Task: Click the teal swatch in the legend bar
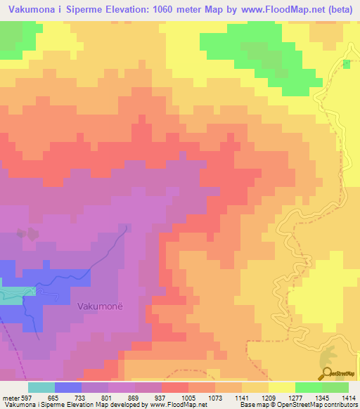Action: [41, 387]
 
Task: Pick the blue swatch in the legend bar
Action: [68, 387]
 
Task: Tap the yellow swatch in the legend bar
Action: [282, 387]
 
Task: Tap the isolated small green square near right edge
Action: [345, 64]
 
